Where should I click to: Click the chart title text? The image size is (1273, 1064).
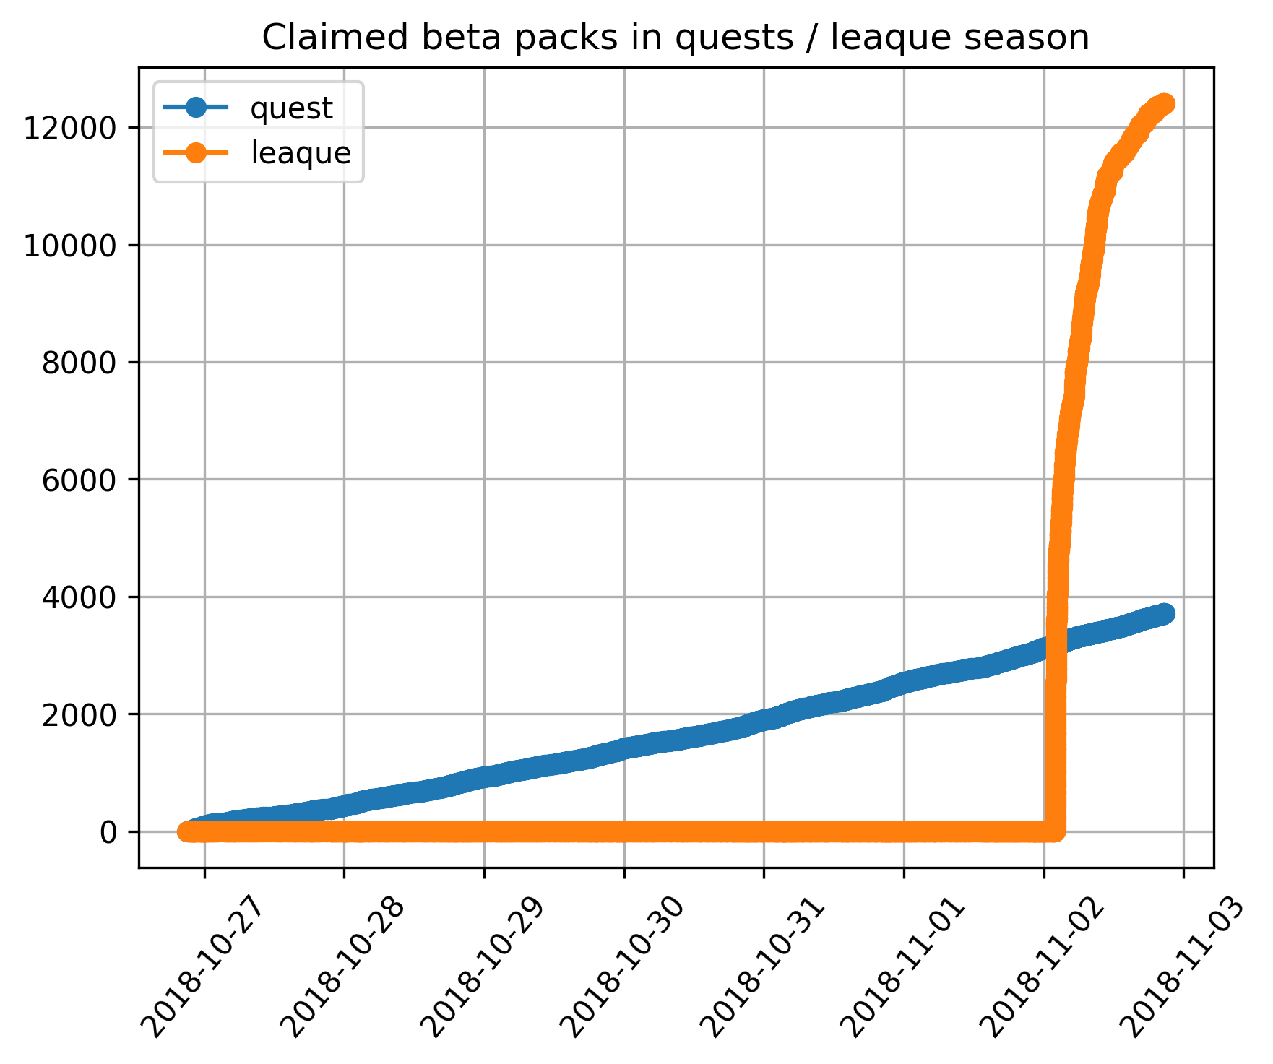(675, 38)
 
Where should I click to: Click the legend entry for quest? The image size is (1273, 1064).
(291, 108)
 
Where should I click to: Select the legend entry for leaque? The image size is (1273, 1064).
(301, 153)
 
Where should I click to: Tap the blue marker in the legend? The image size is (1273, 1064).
(196, 108)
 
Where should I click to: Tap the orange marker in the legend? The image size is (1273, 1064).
(196, 153)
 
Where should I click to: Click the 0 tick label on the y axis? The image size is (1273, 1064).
(109, 832)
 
